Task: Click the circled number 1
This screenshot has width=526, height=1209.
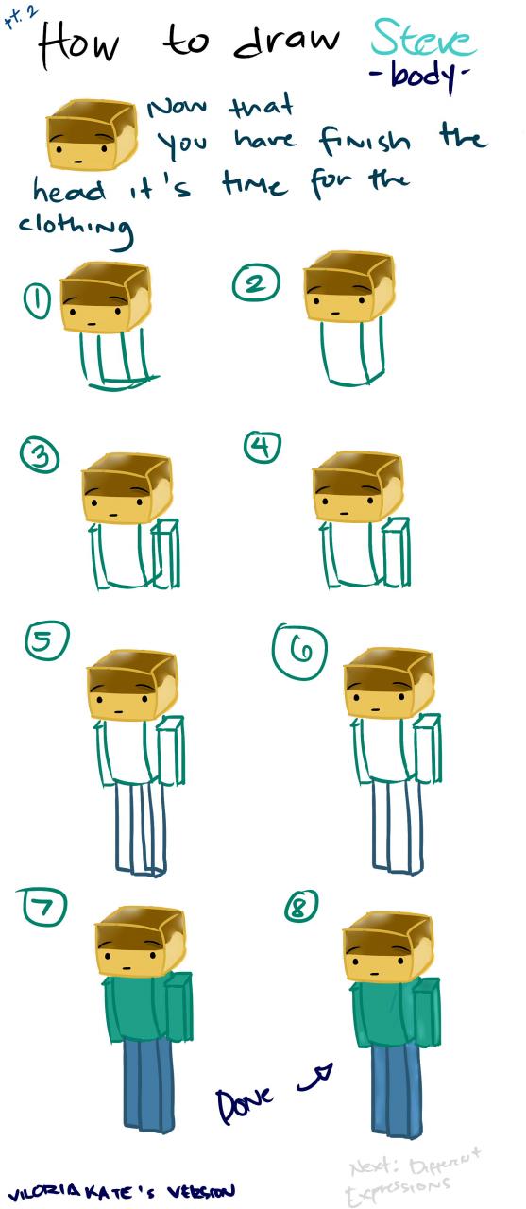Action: (37, 302)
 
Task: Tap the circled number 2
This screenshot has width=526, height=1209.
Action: (258, 283)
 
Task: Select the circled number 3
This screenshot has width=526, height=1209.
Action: (41, 457)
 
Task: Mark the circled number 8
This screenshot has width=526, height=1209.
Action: (301, 906)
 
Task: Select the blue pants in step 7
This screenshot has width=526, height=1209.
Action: (143, 1080)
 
